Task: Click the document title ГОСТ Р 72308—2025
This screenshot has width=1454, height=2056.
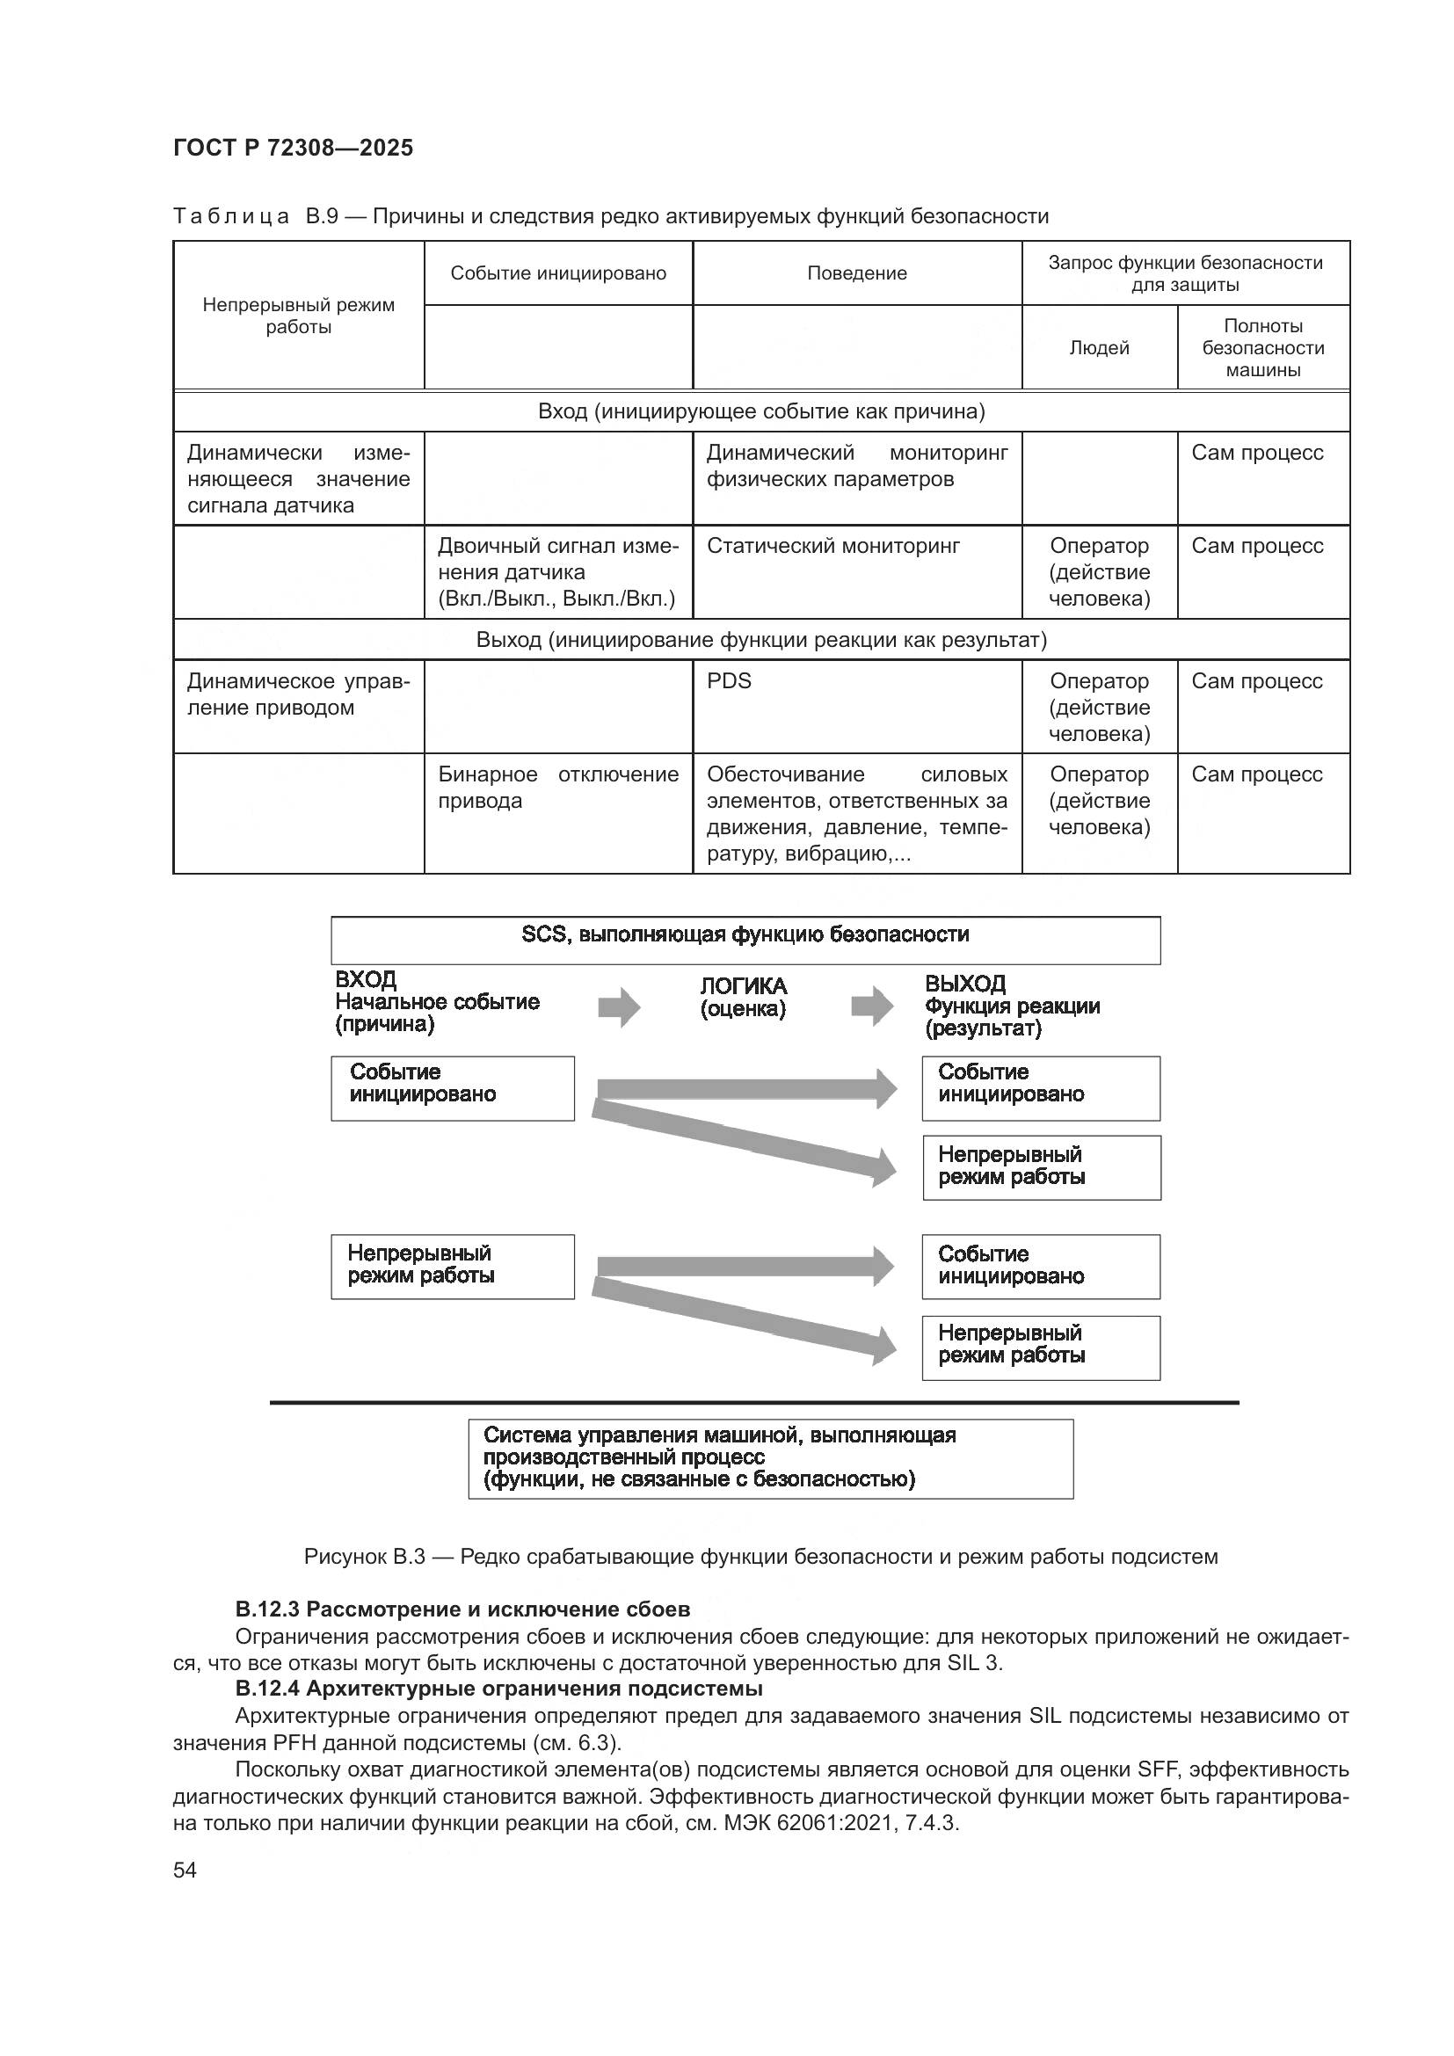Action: click(x=293, y=148)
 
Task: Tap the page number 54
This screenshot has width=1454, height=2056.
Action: click(x=185, y=1870)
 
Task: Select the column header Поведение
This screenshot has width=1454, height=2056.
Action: click(x=856, y=273)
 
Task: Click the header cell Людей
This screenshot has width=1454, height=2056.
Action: click(x=1099, y=347)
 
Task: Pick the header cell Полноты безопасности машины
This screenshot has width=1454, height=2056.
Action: click(x=1262, y=347)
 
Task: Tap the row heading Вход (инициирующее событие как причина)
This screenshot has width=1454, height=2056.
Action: click(x=761, y=411)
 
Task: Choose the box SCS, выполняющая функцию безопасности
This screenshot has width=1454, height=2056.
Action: click(x=745, y=940)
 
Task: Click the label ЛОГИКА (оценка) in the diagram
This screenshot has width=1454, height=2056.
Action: click(x=743, y=997)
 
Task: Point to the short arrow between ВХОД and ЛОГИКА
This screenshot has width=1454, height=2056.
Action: click(x=619, y=1007)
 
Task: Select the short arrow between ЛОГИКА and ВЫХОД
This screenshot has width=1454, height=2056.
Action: click(x=871, y=1006)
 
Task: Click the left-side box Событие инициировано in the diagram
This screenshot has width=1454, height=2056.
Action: click(x=452, y=1088)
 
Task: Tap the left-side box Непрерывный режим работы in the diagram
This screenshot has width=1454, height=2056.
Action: click(x=452, y=1266)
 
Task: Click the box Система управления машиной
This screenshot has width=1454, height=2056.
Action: click(x=770, y=1459)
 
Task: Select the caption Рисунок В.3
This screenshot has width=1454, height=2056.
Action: click(x=760, y=1557)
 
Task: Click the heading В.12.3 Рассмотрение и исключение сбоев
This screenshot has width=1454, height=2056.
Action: click(x=462, y=1609)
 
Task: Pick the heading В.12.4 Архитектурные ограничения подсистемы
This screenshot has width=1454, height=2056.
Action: click(x=498, y=1689)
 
